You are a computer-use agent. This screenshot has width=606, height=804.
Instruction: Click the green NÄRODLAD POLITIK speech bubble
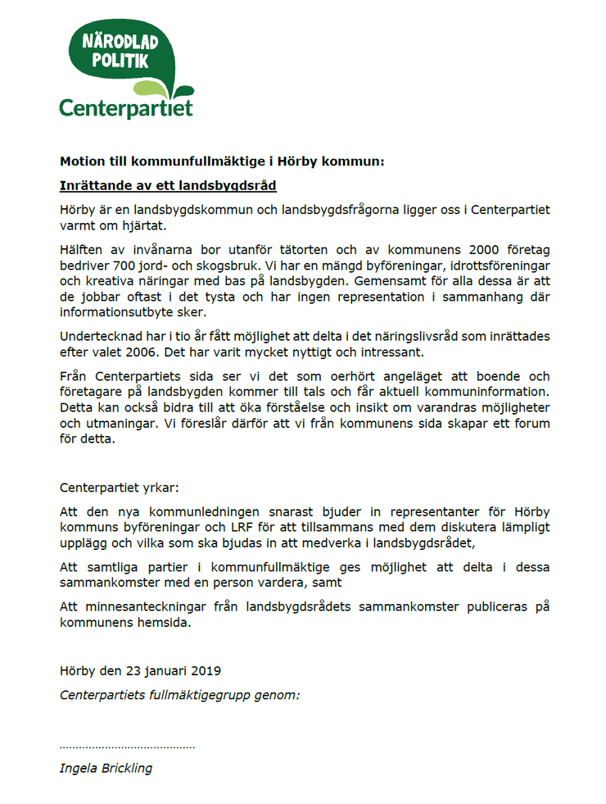tap(123, 54)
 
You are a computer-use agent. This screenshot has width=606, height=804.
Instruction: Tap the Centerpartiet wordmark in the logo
tap(125, 108)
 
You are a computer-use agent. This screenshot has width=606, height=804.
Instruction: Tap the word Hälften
tap(82, 248)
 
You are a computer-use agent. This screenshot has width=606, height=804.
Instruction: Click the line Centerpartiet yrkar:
tap(117, 488)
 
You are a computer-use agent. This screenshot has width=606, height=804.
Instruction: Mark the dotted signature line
tap(127, 747)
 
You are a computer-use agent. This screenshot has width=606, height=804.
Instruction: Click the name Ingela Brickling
tap(106, 768)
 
